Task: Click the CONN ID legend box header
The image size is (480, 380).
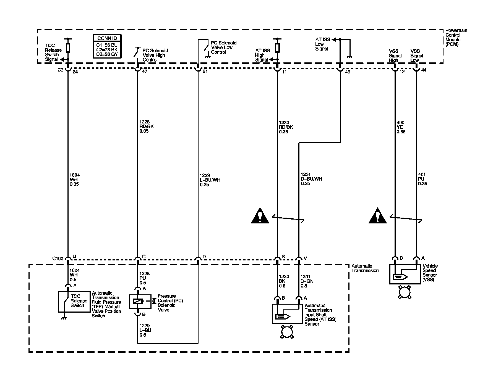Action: [107, 38]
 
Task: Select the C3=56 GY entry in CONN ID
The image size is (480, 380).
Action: [107, 54]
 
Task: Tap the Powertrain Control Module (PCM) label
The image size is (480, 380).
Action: [456, 37]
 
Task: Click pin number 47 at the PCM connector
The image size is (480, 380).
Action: [144, 72]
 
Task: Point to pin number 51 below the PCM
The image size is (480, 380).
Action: [205, 72]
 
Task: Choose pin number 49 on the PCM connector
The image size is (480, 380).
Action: [348, 72]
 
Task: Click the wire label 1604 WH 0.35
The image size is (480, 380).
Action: [74, 180]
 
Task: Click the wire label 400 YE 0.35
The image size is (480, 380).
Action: [401, 127]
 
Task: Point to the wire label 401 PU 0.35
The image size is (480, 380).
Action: [422, 179]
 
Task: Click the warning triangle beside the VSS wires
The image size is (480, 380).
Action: [378, 216]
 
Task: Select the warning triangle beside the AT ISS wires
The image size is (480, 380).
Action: [260, 216]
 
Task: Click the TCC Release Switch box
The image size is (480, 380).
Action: [74, 302]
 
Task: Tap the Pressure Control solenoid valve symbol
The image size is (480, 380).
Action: [140, 301]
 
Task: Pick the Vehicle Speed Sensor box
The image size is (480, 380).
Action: [405, 274]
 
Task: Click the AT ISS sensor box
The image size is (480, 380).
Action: [287, 314]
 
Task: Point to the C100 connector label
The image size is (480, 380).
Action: [58, 259]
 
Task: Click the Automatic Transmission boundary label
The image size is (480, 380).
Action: [365, 268]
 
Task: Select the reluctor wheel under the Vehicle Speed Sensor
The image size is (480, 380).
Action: [405, 292]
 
